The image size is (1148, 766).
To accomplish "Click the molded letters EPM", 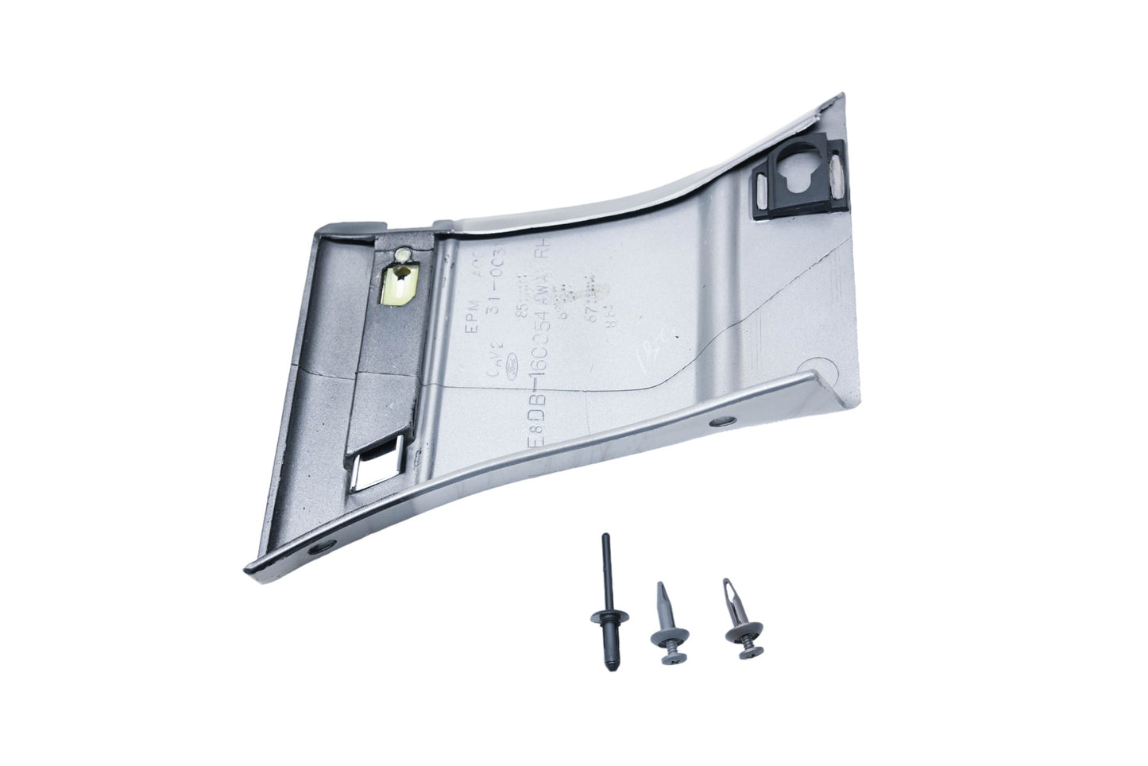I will [x=477, y=280].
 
